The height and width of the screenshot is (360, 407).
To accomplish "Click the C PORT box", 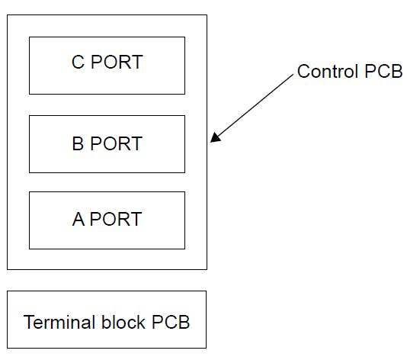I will pos(107,66).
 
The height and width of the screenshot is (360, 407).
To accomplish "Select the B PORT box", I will pos(107,144).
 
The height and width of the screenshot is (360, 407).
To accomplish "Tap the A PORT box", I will pos(107,220).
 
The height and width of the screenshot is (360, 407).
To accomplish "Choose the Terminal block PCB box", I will pos(107,320).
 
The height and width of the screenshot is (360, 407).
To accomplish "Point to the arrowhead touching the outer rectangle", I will pos(212,140).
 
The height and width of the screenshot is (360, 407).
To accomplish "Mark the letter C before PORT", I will pos(78,63).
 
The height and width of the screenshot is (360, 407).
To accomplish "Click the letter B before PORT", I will pos(78,144).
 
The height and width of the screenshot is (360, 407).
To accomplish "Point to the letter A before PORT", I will pos(79,220).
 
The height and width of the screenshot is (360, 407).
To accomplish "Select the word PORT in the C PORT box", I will pos(116,63).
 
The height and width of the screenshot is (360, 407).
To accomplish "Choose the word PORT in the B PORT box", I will pos(116,144).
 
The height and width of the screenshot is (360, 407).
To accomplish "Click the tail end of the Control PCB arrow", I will pos(294,76).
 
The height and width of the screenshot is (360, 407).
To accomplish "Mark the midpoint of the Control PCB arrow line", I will pos(253,108).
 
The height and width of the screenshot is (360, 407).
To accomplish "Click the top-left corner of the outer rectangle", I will pos(8,15).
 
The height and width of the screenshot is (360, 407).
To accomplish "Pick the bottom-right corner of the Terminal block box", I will pos(206,349).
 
